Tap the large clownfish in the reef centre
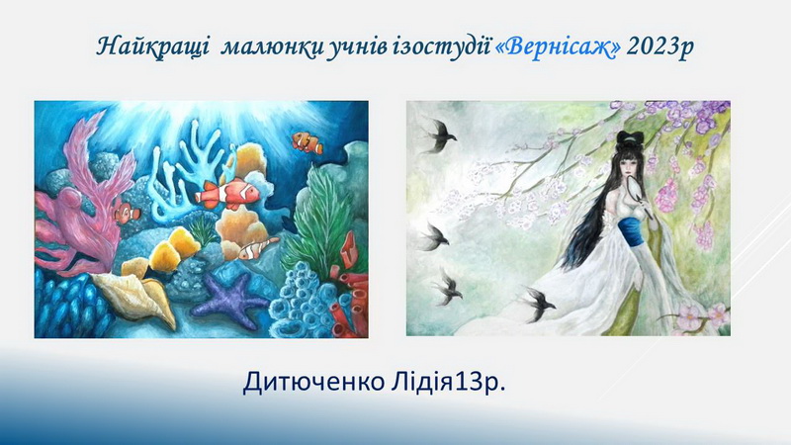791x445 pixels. point(228,192)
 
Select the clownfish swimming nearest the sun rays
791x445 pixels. point(308,141)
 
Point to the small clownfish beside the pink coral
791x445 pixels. point(127,212)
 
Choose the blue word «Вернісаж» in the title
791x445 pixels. point(559,46)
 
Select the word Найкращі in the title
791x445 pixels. point(153,46)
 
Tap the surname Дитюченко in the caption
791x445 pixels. point(313,383)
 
